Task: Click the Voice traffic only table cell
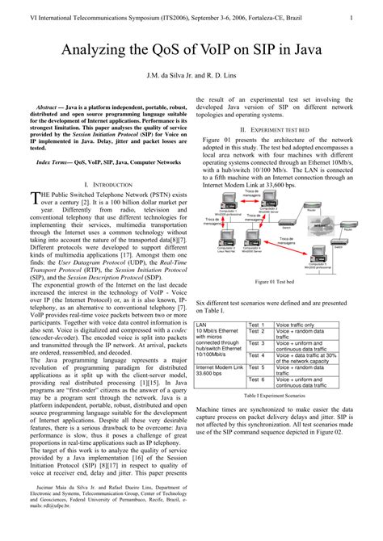[295, 325]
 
